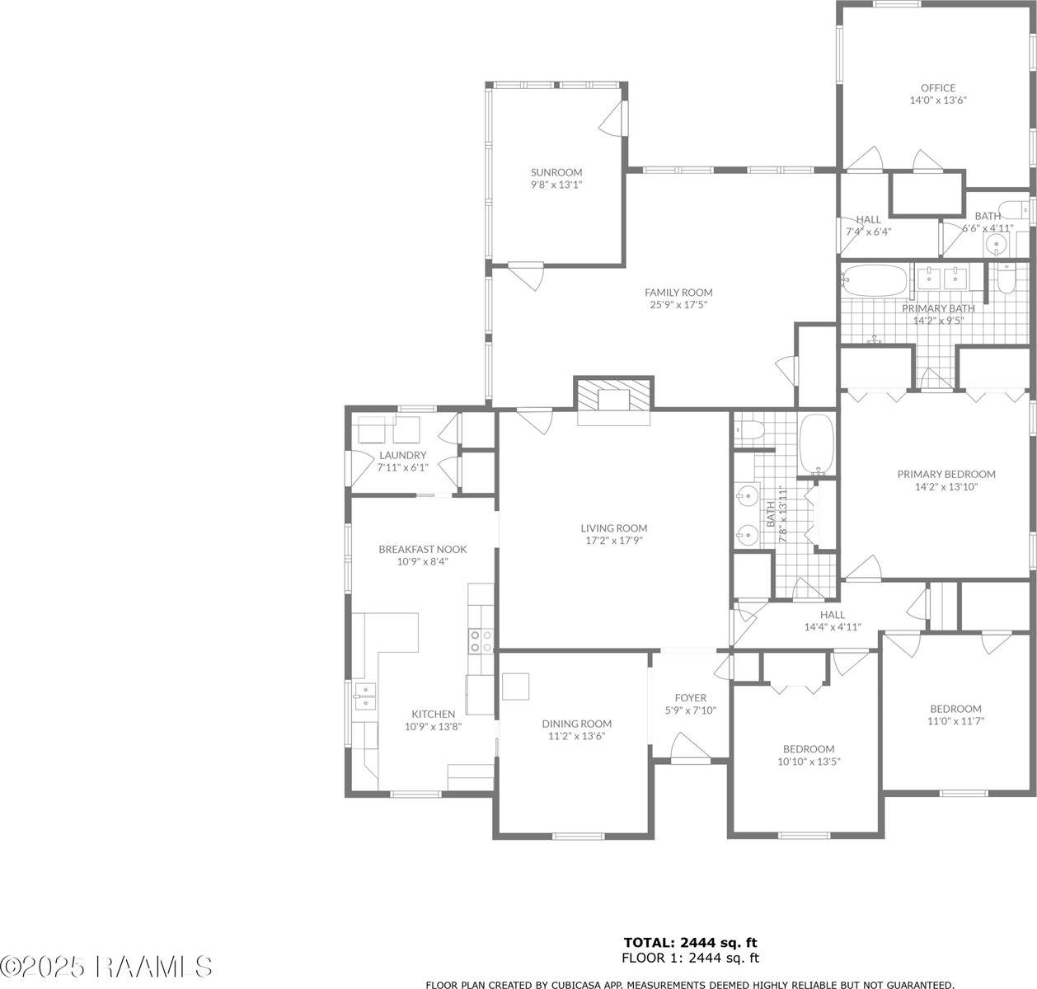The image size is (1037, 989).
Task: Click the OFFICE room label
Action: tap(938, 88)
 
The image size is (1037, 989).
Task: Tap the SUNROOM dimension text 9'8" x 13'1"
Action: tap(556, 185)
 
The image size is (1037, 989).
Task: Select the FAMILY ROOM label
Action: tap(678, 293)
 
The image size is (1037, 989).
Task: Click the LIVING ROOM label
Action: tap(613, 528)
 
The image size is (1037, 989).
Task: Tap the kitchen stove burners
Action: tap(481, 641)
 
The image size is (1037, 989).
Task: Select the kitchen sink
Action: tap(364, 696)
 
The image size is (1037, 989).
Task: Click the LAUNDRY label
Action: tap(402, 456)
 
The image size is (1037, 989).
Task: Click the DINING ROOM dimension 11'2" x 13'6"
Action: tap(576, 736)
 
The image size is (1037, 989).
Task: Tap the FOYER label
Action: tap(690, 698)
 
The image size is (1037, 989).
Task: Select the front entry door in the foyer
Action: tap(690, 748)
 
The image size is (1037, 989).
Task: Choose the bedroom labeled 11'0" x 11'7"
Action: tap(955, 715)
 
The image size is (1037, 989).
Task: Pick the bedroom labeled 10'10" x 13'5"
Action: tap(808, 755)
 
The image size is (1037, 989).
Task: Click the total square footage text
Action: tap(690, 942)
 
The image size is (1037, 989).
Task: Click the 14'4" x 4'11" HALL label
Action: tap(832, 621)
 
